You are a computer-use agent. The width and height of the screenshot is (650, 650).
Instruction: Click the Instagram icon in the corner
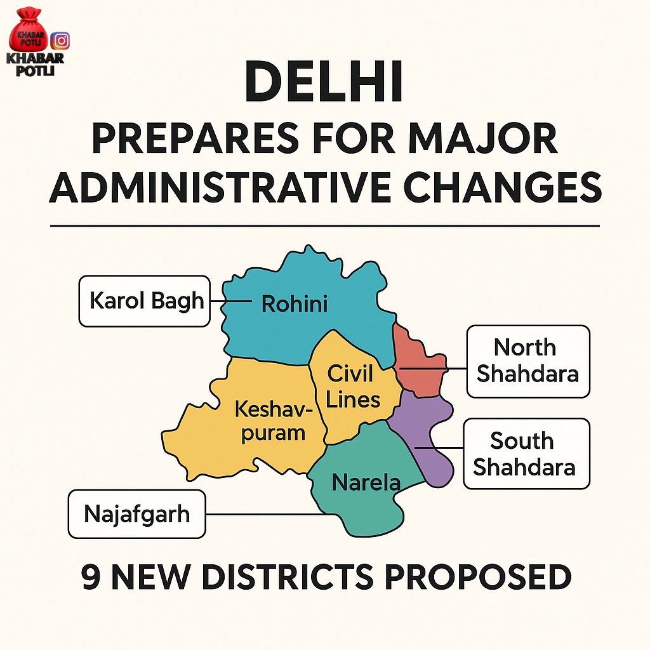[x=60, y=40]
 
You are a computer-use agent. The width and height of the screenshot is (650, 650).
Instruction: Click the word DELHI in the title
[x=324, y=83]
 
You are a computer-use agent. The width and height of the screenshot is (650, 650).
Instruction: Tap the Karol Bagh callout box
[x=145, y=301]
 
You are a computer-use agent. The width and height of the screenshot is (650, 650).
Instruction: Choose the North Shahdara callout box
[x=528, y=361]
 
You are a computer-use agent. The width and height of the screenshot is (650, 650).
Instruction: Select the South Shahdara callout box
[x=526, y=453]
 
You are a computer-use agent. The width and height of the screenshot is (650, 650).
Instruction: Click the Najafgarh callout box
[x=137, y=513]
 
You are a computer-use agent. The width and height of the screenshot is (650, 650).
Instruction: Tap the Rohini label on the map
[x=295, y=305]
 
